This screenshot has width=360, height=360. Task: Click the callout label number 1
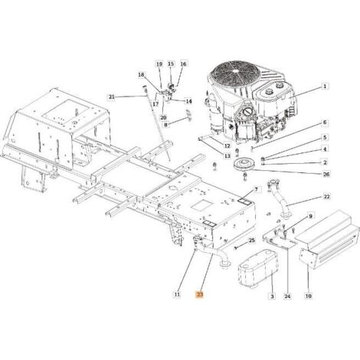(325, 87)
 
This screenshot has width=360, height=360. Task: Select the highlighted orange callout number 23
(200, 295)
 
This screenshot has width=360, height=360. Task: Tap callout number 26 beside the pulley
(326, 175)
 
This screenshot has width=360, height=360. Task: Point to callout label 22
(326, 197)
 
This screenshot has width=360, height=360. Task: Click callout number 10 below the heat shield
(309, 296)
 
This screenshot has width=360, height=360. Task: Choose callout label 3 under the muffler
(272, 296)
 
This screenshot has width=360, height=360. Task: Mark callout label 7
(256, 189)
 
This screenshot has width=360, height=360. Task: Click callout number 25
(251, 241)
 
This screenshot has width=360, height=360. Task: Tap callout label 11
(177, 294)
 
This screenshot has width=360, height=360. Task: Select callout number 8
(165, 125)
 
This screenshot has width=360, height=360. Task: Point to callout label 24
(287, 296)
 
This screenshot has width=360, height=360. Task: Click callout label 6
(325, 123)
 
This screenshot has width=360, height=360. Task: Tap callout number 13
(227, 155)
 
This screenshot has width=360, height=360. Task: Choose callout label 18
(141, 75)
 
